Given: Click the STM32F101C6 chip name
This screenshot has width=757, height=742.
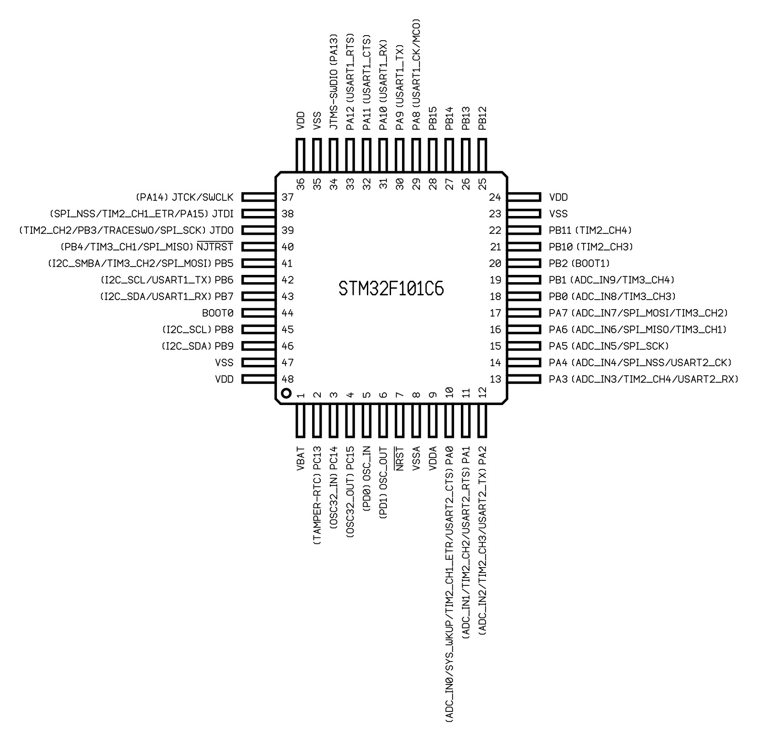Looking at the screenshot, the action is click(x=391, y=289).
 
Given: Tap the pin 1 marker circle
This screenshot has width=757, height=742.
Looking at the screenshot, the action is click(x=286, y=393).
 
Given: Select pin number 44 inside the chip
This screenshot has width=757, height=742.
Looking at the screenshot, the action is click(x=287, y=313).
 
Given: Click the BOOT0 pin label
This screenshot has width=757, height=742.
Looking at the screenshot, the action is click(x=218, y=313).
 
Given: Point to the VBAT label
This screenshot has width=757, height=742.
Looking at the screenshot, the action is click(x=300, y=458).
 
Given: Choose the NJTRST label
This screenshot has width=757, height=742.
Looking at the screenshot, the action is click(x=215, y=247).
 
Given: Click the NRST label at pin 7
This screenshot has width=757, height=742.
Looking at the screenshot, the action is click(x=400, y=458).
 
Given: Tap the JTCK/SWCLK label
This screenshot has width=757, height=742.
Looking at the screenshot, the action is click(x=203, y=197).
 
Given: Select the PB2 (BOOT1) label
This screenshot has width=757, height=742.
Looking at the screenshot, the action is click(x=579, y=263).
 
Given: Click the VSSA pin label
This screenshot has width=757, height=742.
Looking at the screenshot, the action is click(x=416, y=458).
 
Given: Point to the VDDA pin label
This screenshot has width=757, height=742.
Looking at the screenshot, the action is click(x=433, y=458).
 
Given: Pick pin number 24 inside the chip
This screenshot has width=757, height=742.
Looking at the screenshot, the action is click(x=495, y=197).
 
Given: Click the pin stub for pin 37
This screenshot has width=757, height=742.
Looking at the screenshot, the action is click(x=259, y=197).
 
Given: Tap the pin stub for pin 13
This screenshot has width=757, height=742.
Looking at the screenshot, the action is click(x=524, y=379).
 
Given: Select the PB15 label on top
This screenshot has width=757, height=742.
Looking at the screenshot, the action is click(x=433, y=119).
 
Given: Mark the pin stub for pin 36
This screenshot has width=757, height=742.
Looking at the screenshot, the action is click(x=300, y=156).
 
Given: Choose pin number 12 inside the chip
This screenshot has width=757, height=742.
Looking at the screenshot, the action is click(x=482, y=392).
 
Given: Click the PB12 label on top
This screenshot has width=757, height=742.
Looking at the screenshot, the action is click(x=482, y=119).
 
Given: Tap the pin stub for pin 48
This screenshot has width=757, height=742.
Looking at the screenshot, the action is click(x=259, y=379).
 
